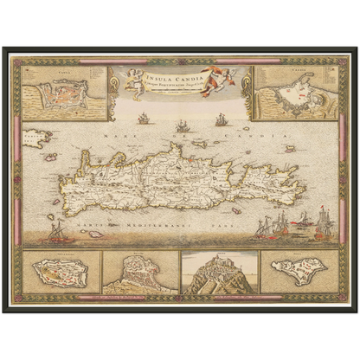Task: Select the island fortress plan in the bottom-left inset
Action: click(61, 272)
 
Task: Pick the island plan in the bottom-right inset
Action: click(296, 272)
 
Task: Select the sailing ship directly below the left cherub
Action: click(144, 118)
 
